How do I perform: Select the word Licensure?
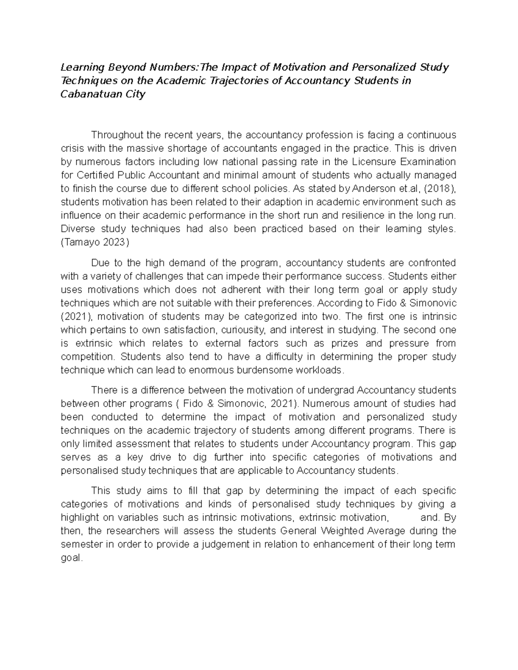(375, 162)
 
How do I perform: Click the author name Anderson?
(373, 189)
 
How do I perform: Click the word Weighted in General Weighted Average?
(338, 531)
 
